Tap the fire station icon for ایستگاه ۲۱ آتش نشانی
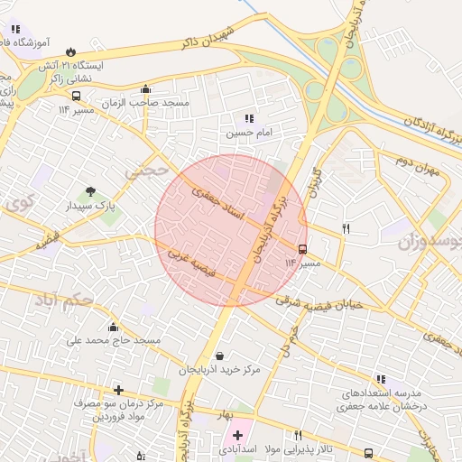84,51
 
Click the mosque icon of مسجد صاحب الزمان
146,88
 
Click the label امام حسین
247,133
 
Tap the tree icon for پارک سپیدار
90,191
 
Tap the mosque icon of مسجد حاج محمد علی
113,327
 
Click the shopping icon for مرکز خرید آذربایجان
219,356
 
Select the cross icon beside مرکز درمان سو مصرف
117,390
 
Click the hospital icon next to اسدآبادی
237,435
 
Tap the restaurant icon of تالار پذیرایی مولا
298,435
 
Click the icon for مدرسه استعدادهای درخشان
381,379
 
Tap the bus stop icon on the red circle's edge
301,247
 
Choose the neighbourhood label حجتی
147,169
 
